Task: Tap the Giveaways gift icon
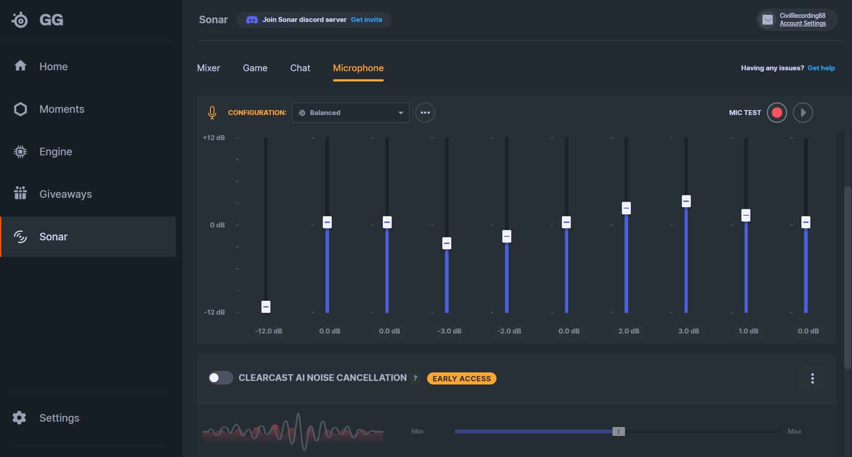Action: [x=20, y=194]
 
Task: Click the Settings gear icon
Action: [x=19, y=418]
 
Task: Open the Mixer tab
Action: [x=209, y=68]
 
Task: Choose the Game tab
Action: [x=255, y=68]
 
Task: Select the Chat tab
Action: [x=300, y=68]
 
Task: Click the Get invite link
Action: [x=367, y=20]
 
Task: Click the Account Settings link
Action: [x=803, y=24]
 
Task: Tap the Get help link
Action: [x=821, y=68]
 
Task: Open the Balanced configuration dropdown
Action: [x=351, y=113]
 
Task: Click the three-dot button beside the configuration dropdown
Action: [x=425, y=113]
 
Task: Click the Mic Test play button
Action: [x=803, y=113]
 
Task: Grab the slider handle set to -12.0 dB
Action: [x=266, y=307]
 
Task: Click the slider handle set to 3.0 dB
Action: [x=686, y=201]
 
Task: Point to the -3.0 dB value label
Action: [x=450, y=331]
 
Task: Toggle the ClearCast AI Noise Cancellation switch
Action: [x=221, y=378]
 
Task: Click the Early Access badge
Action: [x=462, y=379]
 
